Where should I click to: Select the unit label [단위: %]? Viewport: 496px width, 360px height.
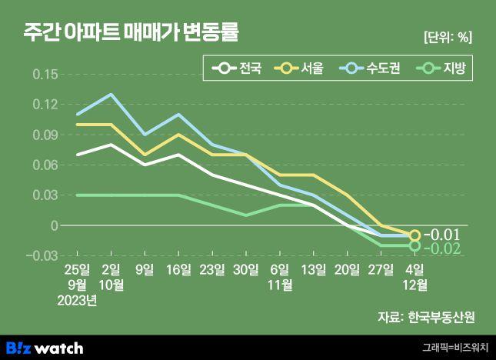[447, 36]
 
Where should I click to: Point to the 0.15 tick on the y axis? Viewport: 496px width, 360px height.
[45, 75]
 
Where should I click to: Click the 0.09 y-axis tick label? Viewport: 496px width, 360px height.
[45, 135]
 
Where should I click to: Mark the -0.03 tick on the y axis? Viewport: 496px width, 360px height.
[43, 255]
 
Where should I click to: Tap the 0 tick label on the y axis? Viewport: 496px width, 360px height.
[54, 225]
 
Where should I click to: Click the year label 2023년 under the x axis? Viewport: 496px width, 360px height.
[78, 300]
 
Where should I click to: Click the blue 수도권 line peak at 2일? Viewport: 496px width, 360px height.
[112, 95]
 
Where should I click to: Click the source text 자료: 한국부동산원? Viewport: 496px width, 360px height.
[425, 317]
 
